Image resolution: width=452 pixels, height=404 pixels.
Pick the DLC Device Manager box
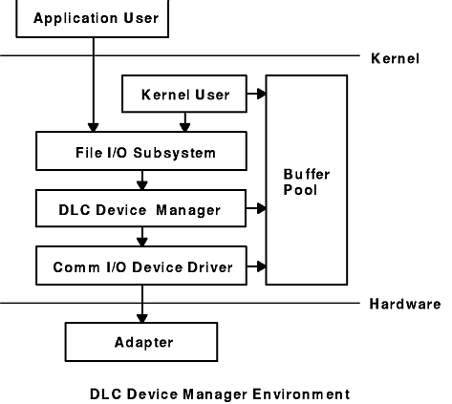click(x=140, y=207)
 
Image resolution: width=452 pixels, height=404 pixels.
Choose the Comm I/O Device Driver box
click(x=140, y=266)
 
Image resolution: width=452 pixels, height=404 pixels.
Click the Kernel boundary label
click(x=394, y=59)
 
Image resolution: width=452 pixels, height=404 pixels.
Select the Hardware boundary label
click(x=404, y=305)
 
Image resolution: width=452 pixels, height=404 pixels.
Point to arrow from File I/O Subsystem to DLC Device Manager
click(x=140, y=179)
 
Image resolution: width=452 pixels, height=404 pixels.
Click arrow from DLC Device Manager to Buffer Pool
click(x=255, y=207)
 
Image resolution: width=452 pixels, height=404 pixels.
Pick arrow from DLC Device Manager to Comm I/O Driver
click(x=140, y=236)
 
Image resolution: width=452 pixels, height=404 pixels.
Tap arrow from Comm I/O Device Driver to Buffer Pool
click(x=255, y=266)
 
